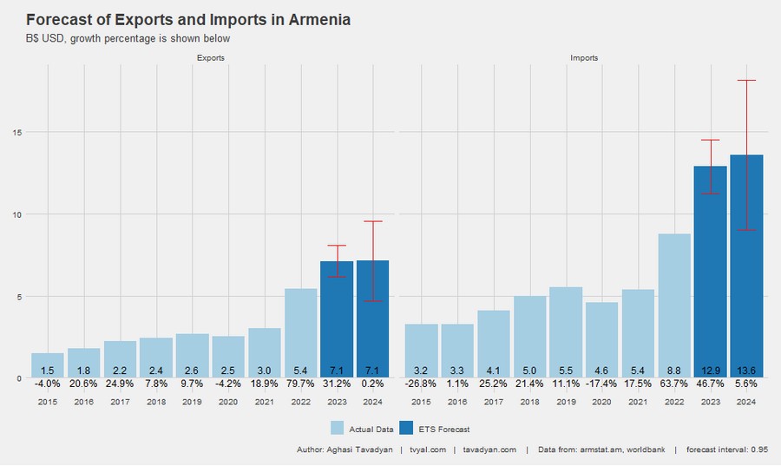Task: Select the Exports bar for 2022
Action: pyautogui.click(x=300, y=333)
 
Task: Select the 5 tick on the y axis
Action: pyautogui.click(x=17, y=297)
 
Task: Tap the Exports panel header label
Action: pyautogui.click(x=211, y=58)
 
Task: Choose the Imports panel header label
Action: pyautogui.click(x=584, y=58)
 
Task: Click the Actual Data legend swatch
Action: pyautogui.click(x=338, y=429)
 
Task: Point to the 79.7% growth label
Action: pyautogui.click(x=300, y=383)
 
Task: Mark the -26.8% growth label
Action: pyautogui.click(x=421, y=383)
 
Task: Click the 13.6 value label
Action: pyautogui.click(x=746, y=371)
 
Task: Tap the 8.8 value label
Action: pyautogui.click(x=674, y=371)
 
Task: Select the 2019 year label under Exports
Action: pyautogui.click(x=193, y=402)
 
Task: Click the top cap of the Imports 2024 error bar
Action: pyautogui.click(x=746, y=81)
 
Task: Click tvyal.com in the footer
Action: pyautogui.click(x=428, y=450)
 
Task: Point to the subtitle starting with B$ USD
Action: pyautogui.click(x=128, y=38)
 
